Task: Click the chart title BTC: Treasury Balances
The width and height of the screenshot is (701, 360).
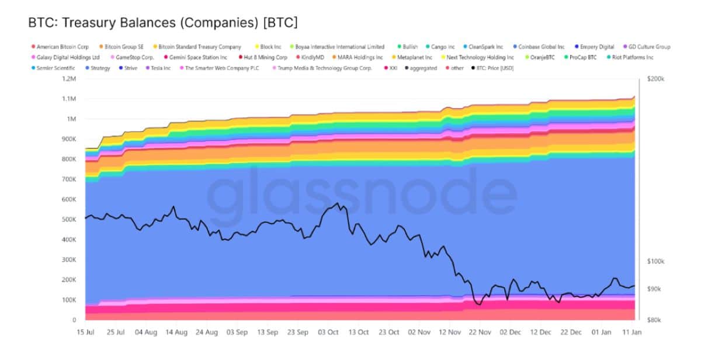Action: [x=162, y=23]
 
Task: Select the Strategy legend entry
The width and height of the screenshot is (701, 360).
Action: [x=100, y=68]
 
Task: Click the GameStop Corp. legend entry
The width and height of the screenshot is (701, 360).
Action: [x=134, y=57]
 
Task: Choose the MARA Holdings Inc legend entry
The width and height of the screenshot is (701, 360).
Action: [x=360, y=57]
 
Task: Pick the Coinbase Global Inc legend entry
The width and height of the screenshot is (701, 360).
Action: [x=541, y=47]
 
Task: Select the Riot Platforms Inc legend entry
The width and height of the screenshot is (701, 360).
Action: [x=632, y=57]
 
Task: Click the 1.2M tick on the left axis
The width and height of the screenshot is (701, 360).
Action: [x=69, y=79]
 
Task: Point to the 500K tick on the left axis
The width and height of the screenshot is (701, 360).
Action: [x=69, y=219]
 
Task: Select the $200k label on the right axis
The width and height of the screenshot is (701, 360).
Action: [x=655, y=79]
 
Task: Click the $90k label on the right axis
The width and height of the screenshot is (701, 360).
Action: [x=654, y=289]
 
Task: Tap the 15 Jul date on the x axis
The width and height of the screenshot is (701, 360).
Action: [x=85, y=332]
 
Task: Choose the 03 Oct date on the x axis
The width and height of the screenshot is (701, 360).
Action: [x=328, y=332]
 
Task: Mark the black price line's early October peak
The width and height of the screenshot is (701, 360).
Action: [x=338, y=203]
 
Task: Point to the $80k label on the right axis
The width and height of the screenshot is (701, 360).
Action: [x=654, y=320]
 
